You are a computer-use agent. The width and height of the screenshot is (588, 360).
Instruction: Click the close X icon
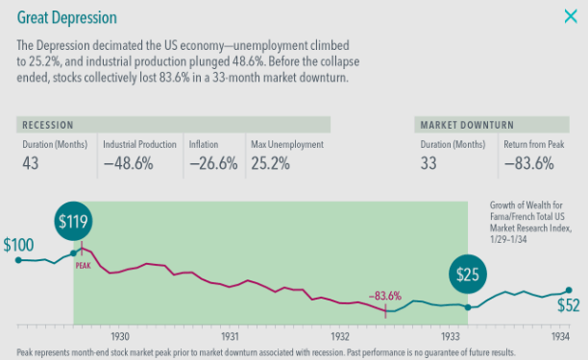click(x=570, y=16)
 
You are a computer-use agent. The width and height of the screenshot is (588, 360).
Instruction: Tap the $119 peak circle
click(x=74, y=222)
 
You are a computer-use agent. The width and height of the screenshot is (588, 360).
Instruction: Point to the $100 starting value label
click(x=18, y=245)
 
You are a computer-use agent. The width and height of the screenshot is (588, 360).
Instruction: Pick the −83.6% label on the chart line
click(x=384, y=296)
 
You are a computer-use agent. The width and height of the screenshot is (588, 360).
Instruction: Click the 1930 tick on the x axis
click(x=120, y=338)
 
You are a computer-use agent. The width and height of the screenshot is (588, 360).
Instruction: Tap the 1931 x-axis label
click(x=230, y=338)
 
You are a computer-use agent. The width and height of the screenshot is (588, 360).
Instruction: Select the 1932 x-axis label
click(x=339, y=338)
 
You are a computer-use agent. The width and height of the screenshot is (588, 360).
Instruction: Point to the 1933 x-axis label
click(x=450, y=338)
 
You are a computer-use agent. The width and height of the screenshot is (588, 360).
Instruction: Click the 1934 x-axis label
click(x=560, y=338)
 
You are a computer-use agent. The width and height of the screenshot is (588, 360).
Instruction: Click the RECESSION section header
click(x=47, y=125)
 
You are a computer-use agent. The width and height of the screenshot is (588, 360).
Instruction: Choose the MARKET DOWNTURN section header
click(x=466, y=125)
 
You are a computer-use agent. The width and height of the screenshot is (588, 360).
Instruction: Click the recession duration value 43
click(x=31, y=163)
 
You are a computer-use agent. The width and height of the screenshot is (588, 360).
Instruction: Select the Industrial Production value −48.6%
click(x=128, y=163)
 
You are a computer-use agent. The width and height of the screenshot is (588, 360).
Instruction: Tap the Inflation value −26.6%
click(x=211, y=163)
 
